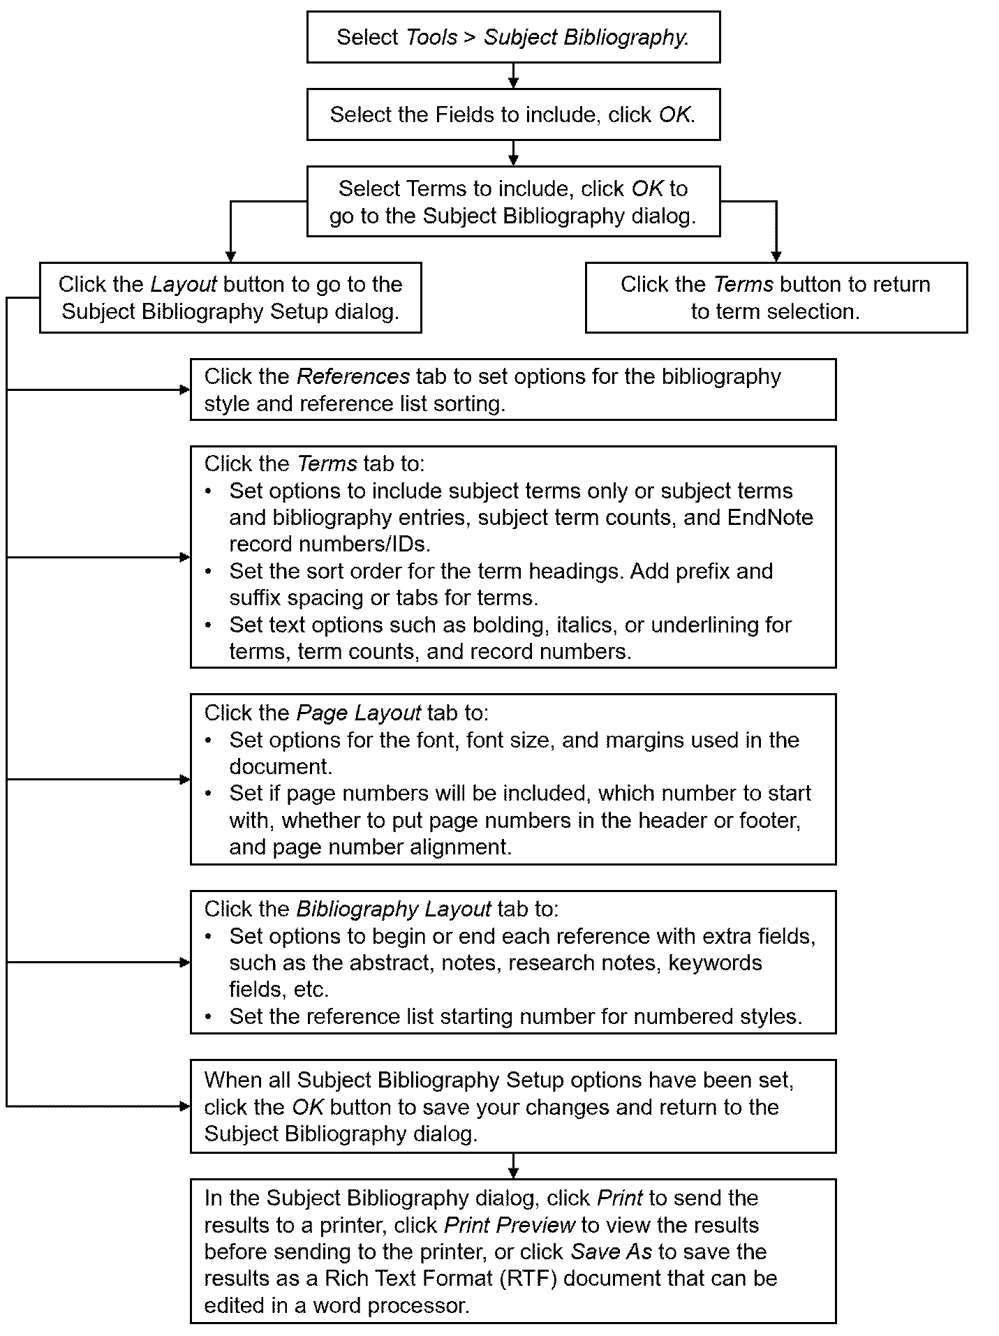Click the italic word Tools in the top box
coord(431,37)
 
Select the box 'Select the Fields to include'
coord(513,114)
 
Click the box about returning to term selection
coord(776,298)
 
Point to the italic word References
coord(353,377)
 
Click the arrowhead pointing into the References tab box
coord(185,390)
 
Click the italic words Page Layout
coord(359,713)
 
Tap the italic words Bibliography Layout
coord(394,910)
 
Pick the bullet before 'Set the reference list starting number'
coord(208,1017)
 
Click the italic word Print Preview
coord(510,1225)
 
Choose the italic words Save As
coord(611,1252)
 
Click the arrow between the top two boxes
coord(513,75)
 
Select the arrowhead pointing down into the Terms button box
coord(776,257)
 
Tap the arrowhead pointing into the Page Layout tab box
coord(185,780)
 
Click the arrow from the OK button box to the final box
coord(513,1166)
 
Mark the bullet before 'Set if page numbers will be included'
coord(208,794)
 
